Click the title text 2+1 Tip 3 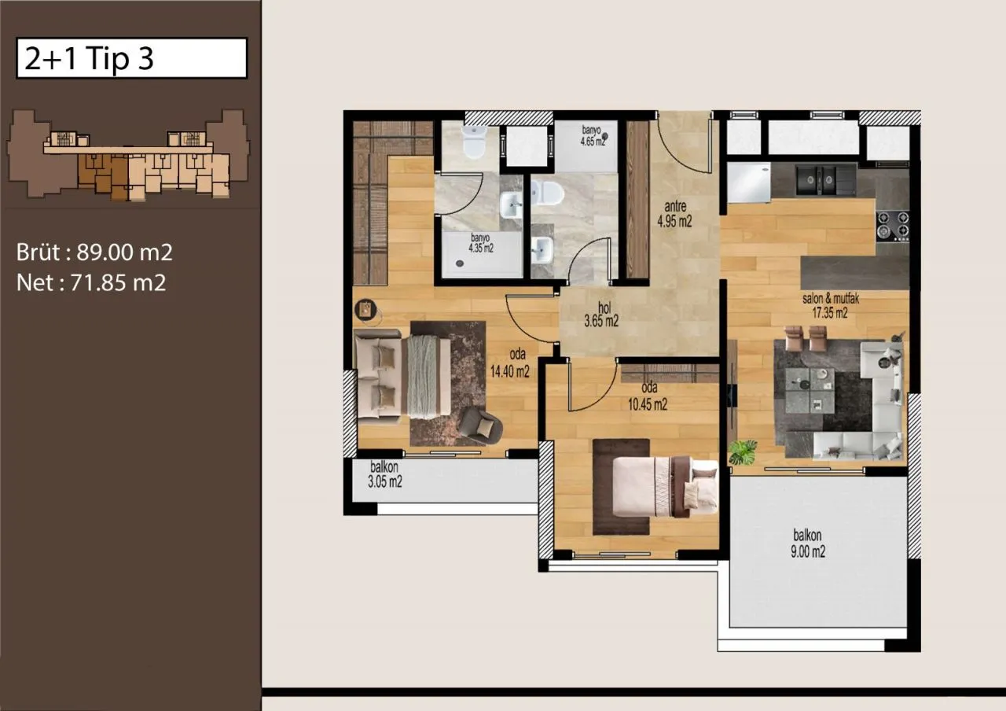click(x=89, y=58)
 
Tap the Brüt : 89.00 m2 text click(x=94, y=252)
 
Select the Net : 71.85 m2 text click(x=91, y=282)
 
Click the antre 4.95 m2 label click(x=674, y=214)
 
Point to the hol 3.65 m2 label click(x=601, y=314)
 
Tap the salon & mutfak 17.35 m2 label click(x=831, y=306)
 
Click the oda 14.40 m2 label click(x=510, y=363)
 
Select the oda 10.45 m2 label click(x=647, y=396)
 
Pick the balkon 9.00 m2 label click(x=807, y=543)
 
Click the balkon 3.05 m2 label click(x=385, y=474)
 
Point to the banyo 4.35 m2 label click(x=481, y=243)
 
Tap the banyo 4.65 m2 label click(x=593, y=136)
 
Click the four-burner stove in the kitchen click(x=893, y=225)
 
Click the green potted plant click(x=743, y=452)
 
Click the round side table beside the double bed click(x=366, y=310)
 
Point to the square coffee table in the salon click(x=810, y=391)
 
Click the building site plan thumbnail click(x=127, y=154)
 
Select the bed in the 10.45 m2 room click(x=665, y=486)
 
